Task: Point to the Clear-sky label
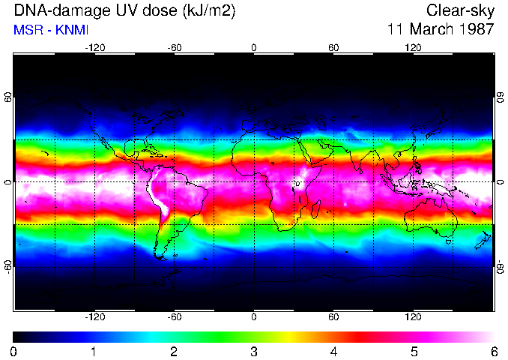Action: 460,10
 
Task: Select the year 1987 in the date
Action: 476,30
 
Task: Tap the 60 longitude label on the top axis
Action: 333,47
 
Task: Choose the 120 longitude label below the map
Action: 413,316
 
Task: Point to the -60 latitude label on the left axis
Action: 8,266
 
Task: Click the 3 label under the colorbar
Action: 253,351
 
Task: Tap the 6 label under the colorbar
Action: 493,351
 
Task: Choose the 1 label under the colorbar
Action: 94,351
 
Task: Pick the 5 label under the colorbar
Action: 413,351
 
